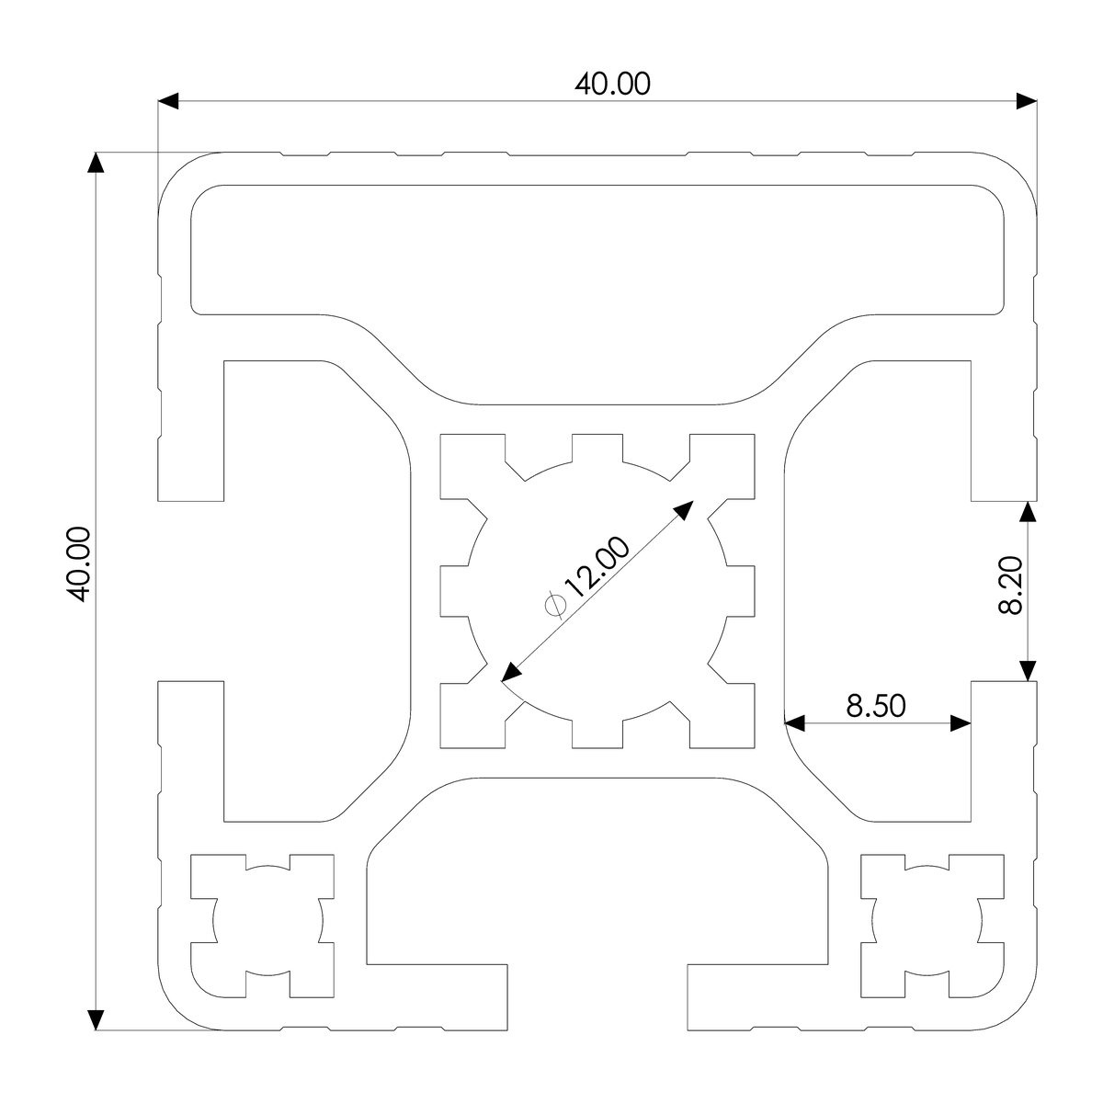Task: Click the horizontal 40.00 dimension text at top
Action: [x=612, y=84]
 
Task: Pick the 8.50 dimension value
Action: [x=876, y=706]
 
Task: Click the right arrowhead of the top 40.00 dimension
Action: [x=1027, y=101]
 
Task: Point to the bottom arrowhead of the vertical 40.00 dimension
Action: [x=96, y=1019]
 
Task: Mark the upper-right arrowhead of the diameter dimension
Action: [x=685, y=510]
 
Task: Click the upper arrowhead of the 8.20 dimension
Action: [x=1029, y=511]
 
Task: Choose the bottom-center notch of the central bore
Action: [x=597, y=732]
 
